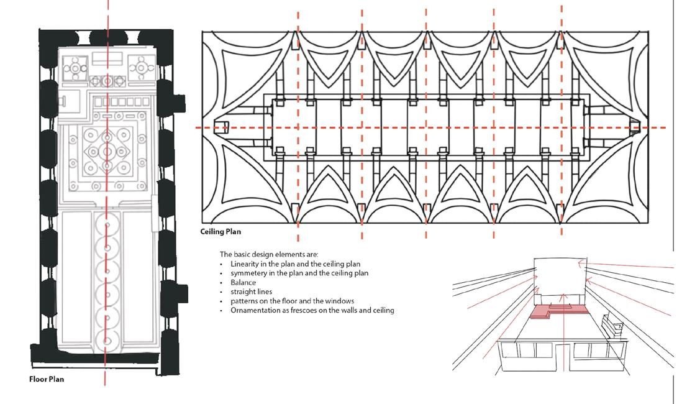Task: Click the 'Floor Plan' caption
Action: pyautogui.click(x=46, y=379)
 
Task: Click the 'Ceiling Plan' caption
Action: pyautogui.click(x=221, y=232)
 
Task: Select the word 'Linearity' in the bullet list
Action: pyautogui.click(x=245, y=264)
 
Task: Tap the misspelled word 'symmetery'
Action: pyautogui.click(x=248, y=273)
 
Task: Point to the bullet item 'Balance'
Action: pyautogui.click(x=243, y=282)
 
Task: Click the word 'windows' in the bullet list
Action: pyautogui.click(x=340, y=301)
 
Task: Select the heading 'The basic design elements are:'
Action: pyautogui.click(x=268, y=255)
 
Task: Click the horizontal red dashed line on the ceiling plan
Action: pyautogui.click(x=435, y=127)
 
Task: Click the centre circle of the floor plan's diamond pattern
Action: pyautogui.click(x=107, y=151)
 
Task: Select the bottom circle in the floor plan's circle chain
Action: pyautogui.click(x=107, y=341)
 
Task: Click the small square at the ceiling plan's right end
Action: pyautogui.click(x=634, y=127)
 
